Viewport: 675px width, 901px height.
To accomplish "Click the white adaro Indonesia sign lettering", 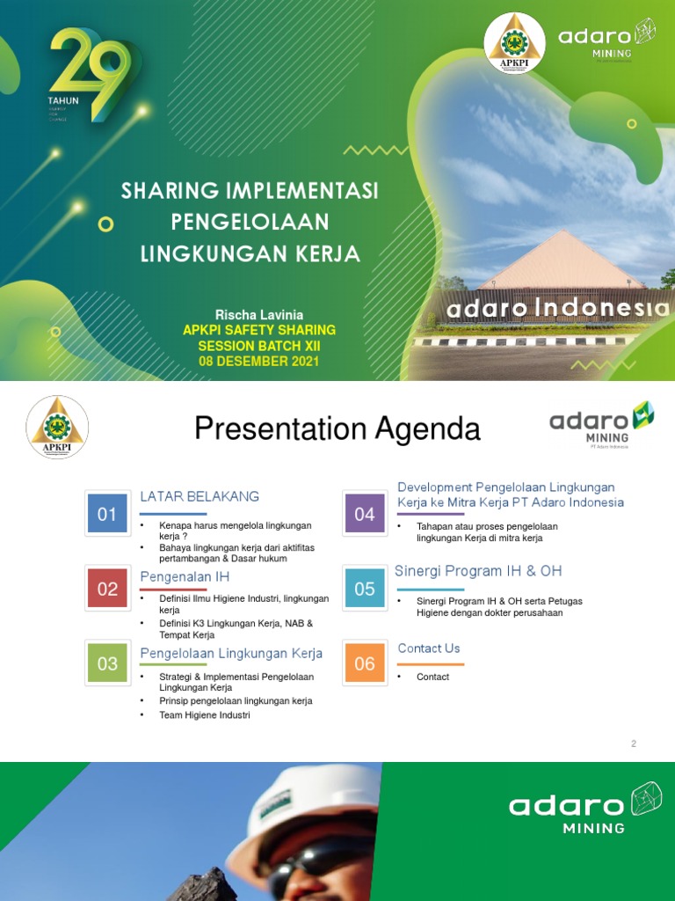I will [x=557, y=310].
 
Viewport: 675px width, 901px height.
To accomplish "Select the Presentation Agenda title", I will [x=337, y=429].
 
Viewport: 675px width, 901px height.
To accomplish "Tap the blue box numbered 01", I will [x=107, y=515].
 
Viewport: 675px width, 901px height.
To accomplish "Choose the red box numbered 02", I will [x=107, y=590].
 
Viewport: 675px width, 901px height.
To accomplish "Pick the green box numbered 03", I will [x=107, y=663].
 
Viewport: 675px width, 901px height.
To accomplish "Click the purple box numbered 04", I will [x=365, y=515].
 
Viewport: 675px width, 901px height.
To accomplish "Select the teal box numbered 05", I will [x=365, y=588].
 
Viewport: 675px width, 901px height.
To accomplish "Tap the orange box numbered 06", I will [x=365, y=663].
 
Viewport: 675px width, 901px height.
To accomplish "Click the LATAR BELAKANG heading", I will [x=200, y=496].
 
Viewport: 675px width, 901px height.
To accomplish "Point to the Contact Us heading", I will [x=429, y=648].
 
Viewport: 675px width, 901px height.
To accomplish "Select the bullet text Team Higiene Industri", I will [x=205, y=715].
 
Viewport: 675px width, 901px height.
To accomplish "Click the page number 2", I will [x=633, y=744].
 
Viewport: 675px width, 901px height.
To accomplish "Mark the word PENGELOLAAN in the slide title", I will [x=250, y=221].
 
